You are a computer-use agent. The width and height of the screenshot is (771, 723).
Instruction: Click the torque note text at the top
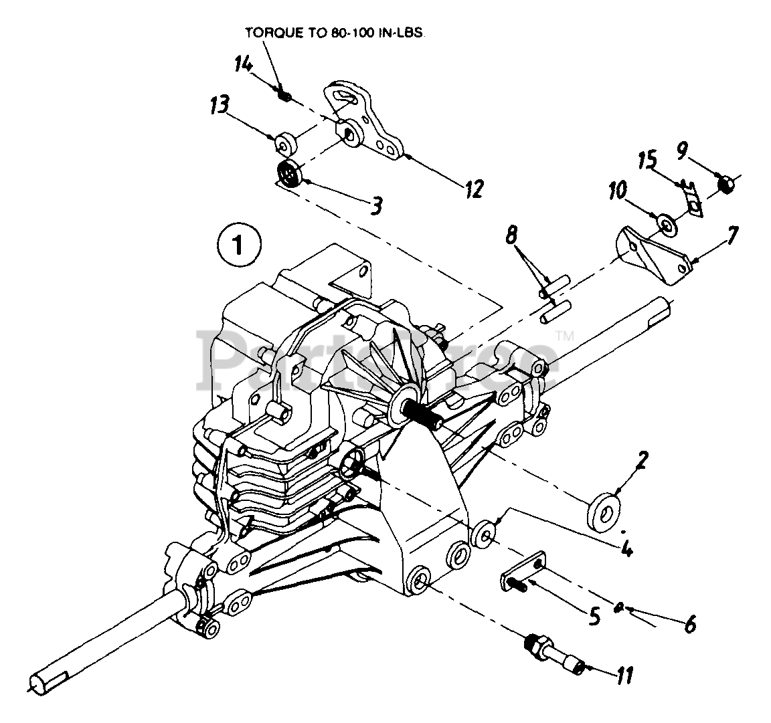point(325,32)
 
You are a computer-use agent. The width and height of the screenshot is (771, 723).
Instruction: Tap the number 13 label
point(219,104)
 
